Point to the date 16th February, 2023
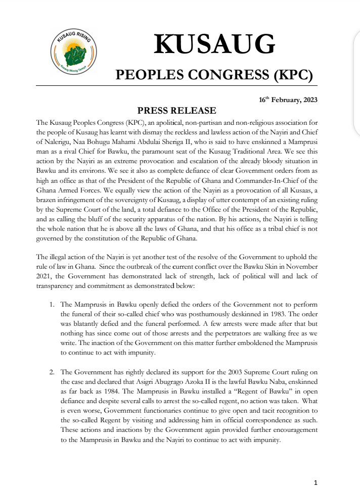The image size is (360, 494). (x=288, y=100)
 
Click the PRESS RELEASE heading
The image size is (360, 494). (x=177, y=111)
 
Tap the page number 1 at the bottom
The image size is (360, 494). (x=316, y=482)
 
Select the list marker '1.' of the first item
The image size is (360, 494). (x=52, y=305)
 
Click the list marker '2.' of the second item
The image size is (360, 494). (x=52, y=372)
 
